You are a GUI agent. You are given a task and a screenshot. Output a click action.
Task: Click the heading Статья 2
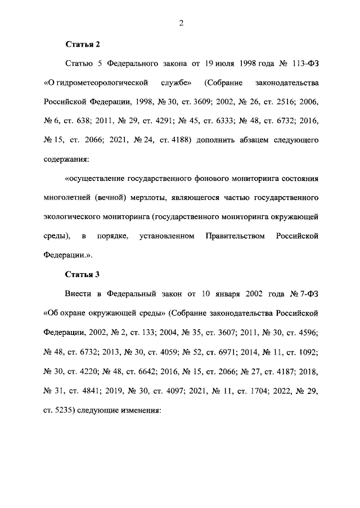[x=83, y=43]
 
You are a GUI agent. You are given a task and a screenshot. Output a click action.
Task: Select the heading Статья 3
[x=83, y=274]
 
